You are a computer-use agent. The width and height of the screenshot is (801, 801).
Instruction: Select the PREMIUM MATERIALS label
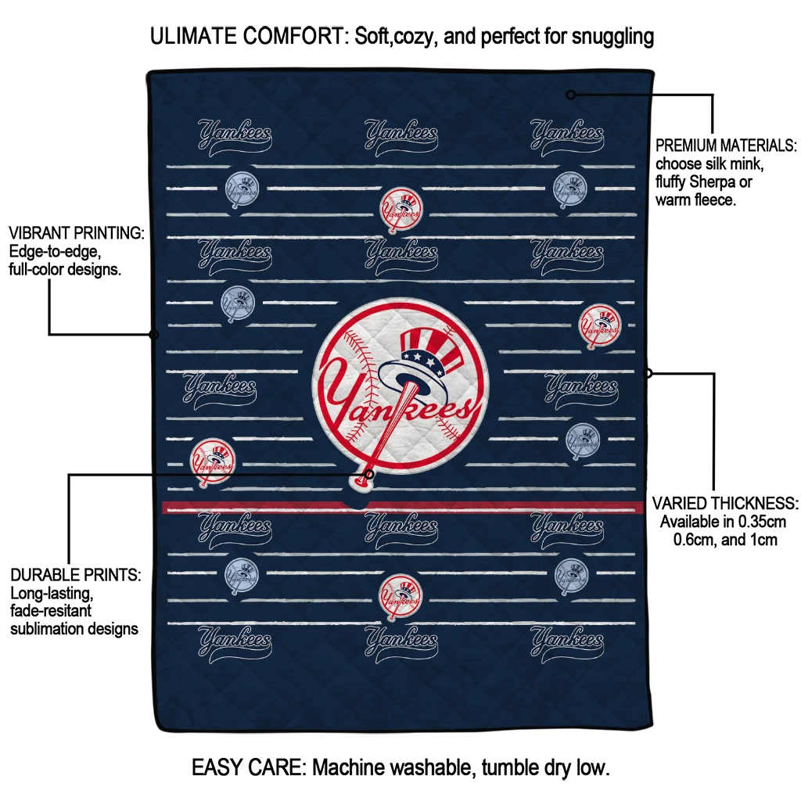click(x=726, y=145)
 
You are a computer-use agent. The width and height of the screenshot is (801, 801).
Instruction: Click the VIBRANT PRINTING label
click(x=76, y=233)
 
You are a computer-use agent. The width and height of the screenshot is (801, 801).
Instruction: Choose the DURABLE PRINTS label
click(x=75, y=575)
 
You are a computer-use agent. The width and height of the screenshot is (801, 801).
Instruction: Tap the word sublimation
click(x=48, y=628)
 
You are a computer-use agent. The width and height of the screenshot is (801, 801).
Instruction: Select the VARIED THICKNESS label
click(x=725, y=503)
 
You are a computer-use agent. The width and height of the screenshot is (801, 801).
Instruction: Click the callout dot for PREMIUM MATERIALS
click(x=571, y=95)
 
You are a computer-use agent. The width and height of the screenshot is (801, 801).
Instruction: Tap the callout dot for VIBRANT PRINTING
click(x=154, y=335)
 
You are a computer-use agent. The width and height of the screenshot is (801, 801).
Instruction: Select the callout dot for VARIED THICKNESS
click(x=648, y=373)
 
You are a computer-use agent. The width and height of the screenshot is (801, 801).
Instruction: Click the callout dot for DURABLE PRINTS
click(x=369, y=474)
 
